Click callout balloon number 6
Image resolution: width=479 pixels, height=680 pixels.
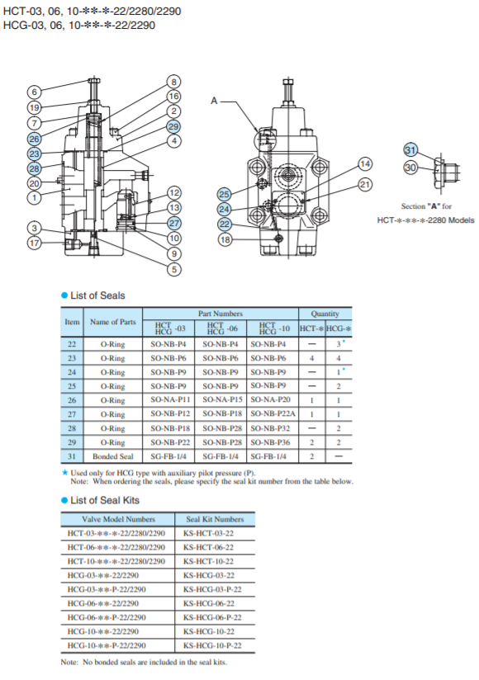coord(34,92)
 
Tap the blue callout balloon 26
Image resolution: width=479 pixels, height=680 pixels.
coord(34,139)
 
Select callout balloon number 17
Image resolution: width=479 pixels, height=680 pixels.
coord(34,243)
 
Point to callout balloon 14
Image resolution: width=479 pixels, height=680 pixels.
coord(365,163)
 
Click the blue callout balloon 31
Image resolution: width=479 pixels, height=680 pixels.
coord(410,149)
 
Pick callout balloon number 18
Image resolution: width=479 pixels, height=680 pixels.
coord(225,239)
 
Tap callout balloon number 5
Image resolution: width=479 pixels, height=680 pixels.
coord(173,268)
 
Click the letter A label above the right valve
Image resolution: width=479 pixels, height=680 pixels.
coord(214,101)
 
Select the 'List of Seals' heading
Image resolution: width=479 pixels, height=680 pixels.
coord(97,295)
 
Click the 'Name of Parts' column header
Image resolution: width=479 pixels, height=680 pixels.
coord(112,321)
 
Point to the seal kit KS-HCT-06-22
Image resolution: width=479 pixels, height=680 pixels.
coord(213,547)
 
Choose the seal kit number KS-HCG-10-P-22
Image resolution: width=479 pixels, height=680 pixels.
coord(213,645)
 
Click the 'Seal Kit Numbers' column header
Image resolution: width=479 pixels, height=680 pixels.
coord(213,519)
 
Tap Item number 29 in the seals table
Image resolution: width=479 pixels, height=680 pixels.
coord(72,442)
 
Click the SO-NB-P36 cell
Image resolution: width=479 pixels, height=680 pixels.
coord(272,442)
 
